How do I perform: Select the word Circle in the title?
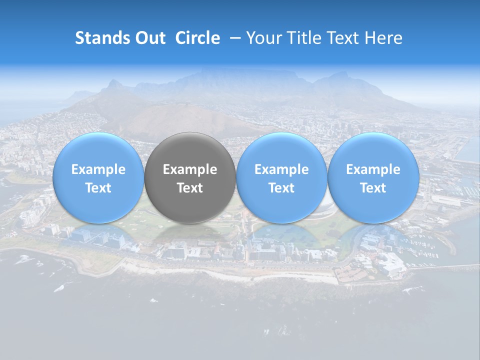tap(197, 38)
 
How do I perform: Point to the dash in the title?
tap(233, 38)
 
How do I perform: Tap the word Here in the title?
tap(383, 38)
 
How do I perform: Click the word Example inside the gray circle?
tap(190, 169)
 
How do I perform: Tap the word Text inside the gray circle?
tap(190, 188)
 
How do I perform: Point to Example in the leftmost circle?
tap(98, 169)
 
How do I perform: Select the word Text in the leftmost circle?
tap(98, 188)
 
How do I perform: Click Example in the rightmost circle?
tap(373, 169)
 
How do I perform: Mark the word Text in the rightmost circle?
tap(373, 188)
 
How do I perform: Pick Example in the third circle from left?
tap(281, 169)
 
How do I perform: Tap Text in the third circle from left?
tap(281, 188)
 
